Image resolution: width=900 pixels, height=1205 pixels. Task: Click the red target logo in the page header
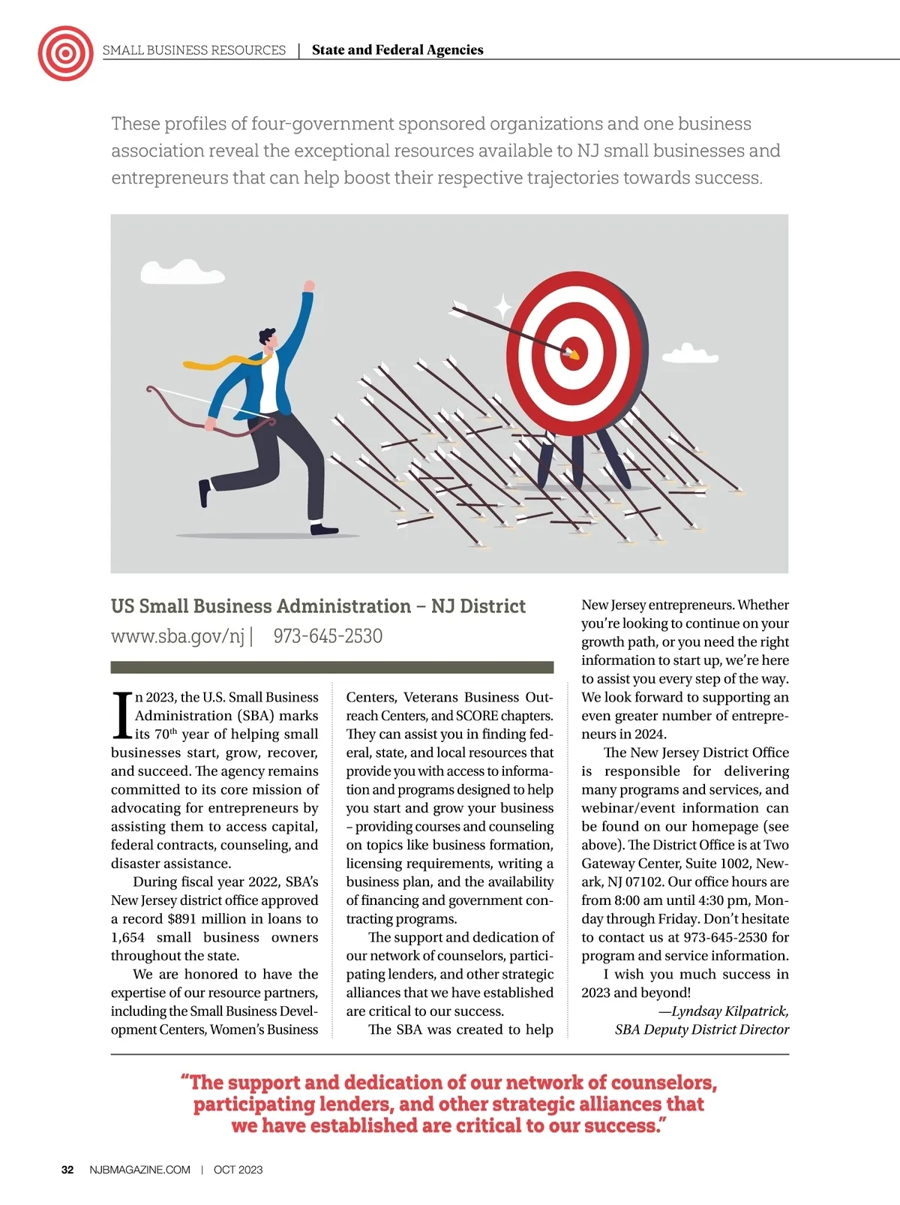click(65, 53)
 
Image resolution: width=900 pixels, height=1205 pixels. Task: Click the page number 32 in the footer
click(67, 1170)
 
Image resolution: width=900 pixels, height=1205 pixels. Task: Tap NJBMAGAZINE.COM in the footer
click(139, 1170)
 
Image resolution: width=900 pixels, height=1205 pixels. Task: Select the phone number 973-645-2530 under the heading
click(328, 636)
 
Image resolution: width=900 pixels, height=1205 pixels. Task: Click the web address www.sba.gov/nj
click(178, 636)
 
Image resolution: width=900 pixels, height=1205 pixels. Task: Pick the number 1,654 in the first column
click(127, 938)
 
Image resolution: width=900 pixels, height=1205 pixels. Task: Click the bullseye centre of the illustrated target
click(574, 353)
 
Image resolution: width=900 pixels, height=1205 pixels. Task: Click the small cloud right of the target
click(689, 353)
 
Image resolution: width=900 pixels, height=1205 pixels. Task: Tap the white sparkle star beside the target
click(502, 306)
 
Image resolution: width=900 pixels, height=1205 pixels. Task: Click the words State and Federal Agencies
click(397, 50)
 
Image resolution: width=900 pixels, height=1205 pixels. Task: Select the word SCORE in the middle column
click(477, 716)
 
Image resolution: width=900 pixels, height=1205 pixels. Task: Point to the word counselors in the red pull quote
click(663, 1083)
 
